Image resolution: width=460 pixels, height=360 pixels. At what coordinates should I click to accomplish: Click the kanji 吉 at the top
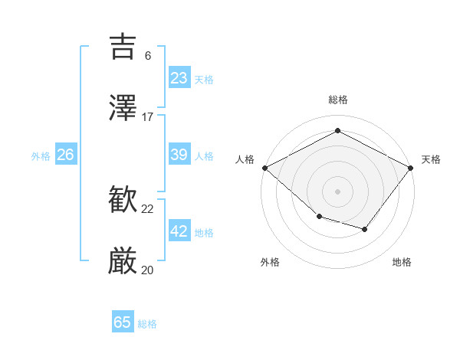(124, 47)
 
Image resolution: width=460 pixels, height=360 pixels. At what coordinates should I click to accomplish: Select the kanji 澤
(124, 109)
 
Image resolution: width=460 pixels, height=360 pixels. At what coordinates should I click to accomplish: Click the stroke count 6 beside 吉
(148, 55)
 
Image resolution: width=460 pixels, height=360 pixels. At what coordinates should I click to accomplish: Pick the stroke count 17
(148, 117)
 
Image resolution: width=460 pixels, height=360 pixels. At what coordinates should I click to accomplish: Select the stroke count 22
(148, 209)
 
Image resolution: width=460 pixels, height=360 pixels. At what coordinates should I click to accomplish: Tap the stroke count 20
(148, 270)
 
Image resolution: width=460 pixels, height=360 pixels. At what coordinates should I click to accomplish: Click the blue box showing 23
(179, 78)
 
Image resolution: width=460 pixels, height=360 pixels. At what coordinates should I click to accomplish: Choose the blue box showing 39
(179, 155)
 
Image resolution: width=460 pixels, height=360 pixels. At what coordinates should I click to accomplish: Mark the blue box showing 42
(179, 231)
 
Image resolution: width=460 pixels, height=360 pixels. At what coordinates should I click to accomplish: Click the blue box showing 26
(65, 155)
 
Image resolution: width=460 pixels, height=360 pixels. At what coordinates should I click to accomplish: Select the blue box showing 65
(123, 322)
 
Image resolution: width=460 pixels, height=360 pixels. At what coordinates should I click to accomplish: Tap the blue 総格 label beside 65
(147, 324)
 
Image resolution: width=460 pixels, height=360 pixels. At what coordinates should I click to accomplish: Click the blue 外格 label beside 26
(41, 156)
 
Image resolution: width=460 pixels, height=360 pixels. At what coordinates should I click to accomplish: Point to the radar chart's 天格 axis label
(432, 159)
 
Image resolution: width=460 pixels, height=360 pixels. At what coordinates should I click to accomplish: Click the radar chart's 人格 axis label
(245, 159)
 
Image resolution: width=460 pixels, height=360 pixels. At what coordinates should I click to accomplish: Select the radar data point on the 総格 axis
(337, 131)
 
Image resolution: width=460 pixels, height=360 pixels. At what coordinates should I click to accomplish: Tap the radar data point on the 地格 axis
(365, 229)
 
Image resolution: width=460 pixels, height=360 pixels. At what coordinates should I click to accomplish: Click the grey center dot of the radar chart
(337, 191)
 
